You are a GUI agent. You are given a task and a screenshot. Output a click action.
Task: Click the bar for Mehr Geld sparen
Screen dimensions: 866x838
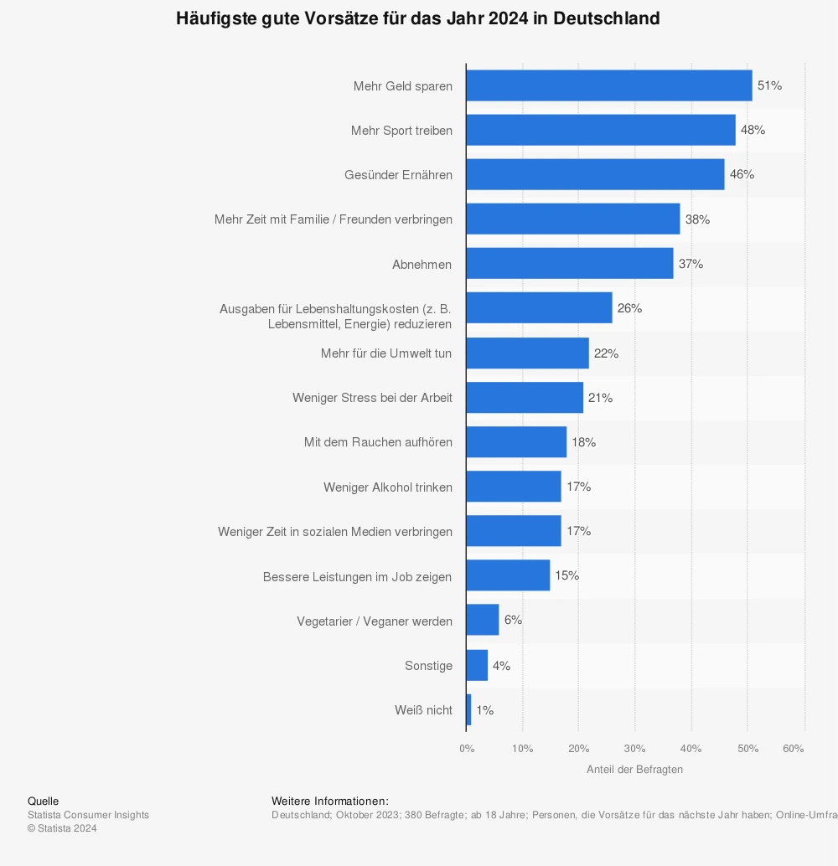[609, 85]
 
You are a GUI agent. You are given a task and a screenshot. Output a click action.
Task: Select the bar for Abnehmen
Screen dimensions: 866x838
[570, 264]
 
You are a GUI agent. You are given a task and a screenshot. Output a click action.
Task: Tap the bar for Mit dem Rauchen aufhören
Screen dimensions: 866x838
[516, 442]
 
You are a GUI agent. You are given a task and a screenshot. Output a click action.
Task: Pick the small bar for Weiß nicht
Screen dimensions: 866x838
[469, 710]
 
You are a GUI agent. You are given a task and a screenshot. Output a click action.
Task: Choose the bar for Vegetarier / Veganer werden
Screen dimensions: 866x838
[483, 621]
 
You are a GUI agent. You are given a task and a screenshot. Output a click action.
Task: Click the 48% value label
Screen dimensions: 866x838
[753, 130]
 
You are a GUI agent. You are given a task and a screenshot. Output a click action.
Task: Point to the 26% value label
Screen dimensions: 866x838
[629, 308]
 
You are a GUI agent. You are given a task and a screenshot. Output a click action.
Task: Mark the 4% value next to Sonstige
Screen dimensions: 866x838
[501, 666]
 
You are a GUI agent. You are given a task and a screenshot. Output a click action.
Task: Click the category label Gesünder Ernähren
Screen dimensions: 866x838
[398, 175]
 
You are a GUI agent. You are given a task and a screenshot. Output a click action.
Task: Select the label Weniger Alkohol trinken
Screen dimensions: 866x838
[388, 487]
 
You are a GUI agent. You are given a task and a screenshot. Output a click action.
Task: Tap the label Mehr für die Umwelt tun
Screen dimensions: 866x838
[386, 353]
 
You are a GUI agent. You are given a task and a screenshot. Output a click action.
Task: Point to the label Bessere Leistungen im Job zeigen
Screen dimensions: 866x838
[357, 577]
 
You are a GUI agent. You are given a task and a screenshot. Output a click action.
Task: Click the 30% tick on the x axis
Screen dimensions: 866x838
[634, 749]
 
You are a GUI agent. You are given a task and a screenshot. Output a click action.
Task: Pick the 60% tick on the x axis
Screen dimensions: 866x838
[793, 749]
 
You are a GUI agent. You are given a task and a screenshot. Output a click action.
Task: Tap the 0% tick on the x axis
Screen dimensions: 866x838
[467, 749]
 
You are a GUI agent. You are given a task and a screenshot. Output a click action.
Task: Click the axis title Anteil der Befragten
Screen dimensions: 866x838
[634, 770]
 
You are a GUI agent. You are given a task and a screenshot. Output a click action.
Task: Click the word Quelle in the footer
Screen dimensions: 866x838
[44, 802]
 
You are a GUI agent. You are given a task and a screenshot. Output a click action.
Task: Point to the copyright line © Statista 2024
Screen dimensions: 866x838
[62, 828]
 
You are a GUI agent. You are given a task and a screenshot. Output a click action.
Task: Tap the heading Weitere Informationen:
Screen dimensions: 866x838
[330, 802]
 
